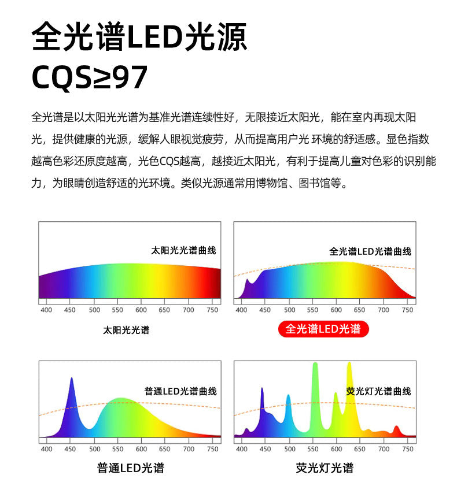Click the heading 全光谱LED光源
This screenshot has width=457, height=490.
[x=139, y=38]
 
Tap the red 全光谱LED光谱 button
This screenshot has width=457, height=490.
[x=323, y=329]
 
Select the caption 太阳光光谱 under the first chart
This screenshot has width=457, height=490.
[x=126, y=330]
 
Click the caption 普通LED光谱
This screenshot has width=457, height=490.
[x=131, y=467]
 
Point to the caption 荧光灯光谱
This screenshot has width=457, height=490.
[x=325, y=467]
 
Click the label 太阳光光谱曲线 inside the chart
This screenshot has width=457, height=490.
[x=183, y=250]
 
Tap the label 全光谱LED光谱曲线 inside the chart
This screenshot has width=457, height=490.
[x=370, y=251]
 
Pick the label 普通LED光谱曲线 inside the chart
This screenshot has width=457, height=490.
[x=180, y=391]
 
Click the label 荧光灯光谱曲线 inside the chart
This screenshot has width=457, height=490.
[x=378, y=391]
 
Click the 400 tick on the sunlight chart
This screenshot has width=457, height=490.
[x=46, y=310]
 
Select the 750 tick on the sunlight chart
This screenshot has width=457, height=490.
[x=212, y=310]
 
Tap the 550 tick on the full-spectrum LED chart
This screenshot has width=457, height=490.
[x=312, y=310]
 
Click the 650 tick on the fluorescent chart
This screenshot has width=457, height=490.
[x=360, y=448]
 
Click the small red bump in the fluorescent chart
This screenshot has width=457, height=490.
[x=396, y=430]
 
